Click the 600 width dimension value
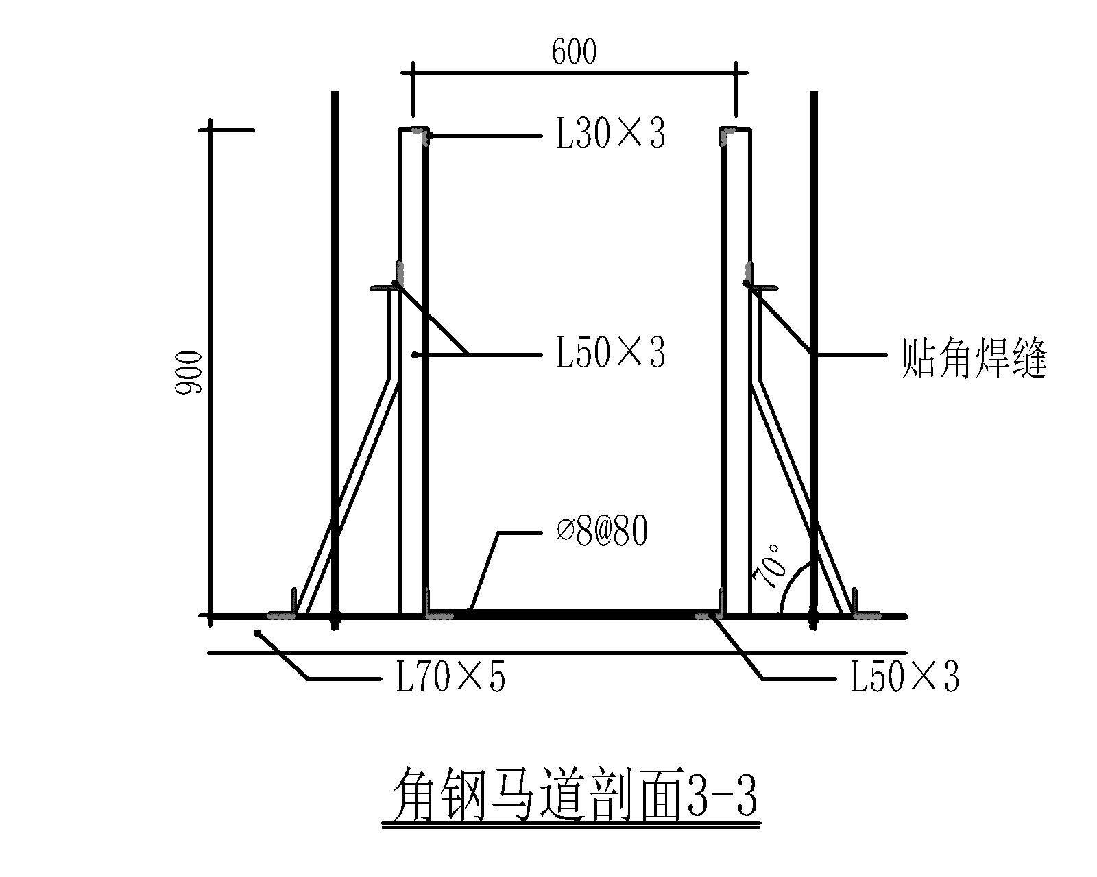point(574,52)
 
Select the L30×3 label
point(610,135)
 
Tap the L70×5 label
point(450,678)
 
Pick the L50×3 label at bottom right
point(904,677)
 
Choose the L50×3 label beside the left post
point(610,354)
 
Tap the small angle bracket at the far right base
point(863,607)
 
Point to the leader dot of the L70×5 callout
point(258,633)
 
